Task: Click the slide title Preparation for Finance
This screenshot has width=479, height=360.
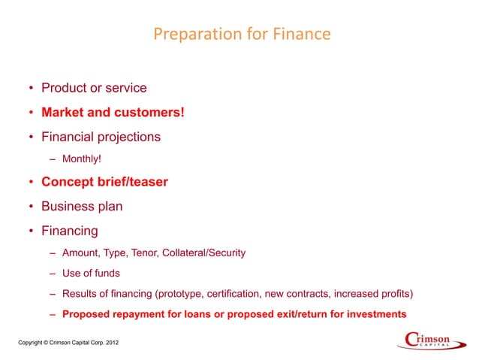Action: pos(241,35)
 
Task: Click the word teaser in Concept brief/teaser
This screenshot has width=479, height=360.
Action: pos(147,182)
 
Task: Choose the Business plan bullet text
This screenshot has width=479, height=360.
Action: pos(82,206)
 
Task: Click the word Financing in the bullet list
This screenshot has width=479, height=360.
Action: pos(70,231)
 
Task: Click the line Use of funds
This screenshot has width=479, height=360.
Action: pos(91,273)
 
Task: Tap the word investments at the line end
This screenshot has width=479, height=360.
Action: pos(376,313)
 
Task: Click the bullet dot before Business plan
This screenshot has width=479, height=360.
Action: pos(31,207)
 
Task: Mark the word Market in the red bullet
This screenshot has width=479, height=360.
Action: pos(62,113)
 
